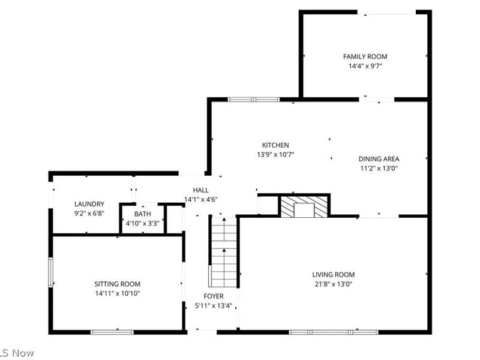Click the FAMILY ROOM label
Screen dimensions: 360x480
(x=365, y=56)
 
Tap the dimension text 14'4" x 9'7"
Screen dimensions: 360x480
(x=365, y=66)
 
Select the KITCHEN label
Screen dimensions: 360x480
(x=275, y=145)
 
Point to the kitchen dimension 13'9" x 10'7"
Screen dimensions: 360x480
(x=275, y=154)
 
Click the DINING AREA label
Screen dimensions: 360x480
(x=379, y=159)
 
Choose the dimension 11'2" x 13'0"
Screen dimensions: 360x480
(x=379, y=169)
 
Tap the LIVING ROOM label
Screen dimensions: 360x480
(x=333, y=275)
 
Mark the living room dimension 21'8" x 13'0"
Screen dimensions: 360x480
(x=333, y=284)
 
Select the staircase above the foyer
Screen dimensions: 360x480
(x=223, y=252)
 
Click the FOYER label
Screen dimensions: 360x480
(x=214, y=296)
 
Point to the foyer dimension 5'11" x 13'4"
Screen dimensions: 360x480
(x=214, y=306)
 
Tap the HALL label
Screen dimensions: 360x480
(x=200, y=190)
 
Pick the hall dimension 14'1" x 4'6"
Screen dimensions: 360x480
(x=200, y=199)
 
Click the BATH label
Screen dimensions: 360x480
(x=143, y=214)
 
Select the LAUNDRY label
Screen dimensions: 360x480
(x=89, y=204)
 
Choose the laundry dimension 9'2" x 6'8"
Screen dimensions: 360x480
(x=89, y=213)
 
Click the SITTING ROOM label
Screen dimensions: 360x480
(x=117, y=284)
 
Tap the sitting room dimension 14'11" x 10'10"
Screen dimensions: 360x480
(x=117, y=293)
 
